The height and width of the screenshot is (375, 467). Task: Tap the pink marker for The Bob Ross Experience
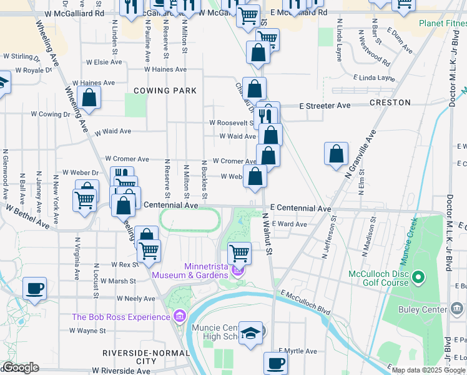point(181,316)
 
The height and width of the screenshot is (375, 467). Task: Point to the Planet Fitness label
point(441,24)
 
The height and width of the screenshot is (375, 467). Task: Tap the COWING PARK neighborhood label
point(165,91)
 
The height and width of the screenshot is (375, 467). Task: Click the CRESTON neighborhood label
point(390,102)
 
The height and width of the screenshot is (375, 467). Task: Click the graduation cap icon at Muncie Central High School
point(251,332)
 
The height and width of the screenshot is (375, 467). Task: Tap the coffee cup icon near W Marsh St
point(34,289)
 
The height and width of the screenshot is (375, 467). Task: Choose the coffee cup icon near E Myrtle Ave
point(275,362)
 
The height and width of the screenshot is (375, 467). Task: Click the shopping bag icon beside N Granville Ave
point(336,154)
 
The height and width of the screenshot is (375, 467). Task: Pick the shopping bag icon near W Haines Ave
point(89,97)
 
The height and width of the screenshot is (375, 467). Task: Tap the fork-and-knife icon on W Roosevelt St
point(267,115)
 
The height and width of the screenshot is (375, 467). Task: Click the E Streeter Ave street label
point(324,106)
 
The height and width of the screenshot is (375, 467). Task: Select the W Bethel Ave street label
point(27,215)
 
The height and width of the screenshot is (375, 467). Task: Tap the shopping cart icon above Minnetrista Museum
point(239,253)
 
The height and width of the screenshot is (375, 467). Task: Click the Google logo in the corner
point(20,367)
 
